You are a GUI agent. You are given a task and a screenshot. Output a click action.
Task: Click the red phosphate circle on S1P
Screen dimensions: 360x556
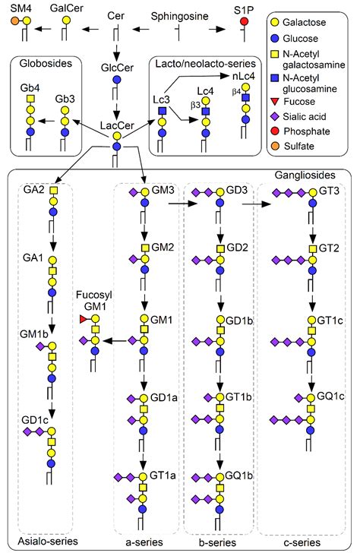click(x=244, y=21)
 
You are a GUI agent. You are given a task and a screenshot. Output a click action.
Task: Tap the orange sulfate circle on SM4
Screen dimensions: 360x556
click(x=15, y=21)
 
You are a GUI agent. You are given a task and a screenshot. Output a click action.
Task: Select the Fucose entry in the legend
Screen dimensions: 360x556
click(x=293, y=102)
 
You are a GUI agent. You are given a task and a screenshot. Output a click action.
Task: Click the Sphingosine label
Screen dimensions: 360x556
click(x=180, y=16)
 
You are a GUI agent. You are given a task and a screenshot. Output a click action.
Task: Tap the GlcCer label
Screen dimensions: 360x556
click(x=117, y=68)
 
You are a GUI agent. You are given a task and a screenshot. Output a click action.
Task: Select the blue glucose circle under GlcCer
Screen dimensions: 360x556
click(x=117, y=80)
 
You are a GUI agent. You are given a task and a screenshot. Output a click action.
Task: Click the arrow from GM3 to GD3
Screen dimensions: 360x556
click(x=183, y=204)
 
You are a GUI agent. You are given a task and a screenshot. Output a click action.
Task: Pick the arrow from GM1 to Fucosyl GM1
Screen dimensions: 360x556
click(x=115, y=341)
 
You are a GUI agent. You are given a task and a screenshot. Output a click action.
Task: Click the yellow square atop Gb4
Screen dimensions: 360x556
click(x=30, y=98)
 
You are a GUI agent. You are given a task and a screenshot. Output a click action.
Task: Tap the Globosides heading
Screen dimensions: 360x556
click(x=46, y=64)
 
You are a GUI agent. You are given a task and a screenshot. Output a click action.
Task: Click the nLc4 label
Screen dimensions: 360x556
click(x=244, y=76)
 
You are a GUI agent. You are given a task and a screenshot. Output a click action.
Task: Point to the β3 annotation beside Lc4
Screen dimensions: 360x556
click(x=195, y=106)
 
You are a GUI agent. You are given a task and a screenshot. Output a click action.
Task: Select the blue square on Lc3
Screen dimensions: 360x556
click(x=163, y=111)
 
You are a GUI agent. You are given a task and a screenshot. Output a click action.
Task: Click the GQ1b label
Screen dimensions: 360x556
click(x=239, y=475)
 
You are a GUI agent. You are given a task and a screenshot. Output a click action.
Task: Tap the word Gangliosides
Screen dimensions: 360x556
click(x=305, y=175)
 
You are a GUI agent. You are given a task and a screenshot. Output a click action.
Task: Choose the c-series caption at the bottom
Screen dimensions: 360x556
click(x=302, y=542)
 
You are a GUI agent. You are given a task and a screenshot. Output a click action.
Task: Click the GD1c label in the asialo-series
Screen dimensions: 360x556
click(x=35, y=420)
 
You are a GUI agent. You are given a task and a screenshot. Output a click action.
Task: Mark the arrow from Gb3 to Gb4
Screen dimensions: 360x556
click(x=46, y=122)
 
